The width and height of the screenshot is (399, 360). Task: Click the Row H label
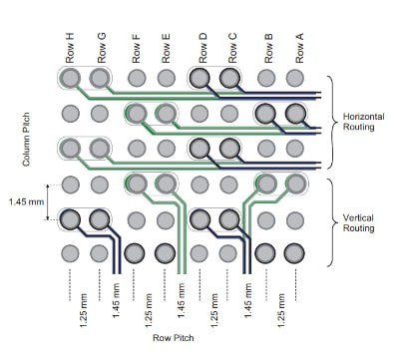pyautogui.click(x=70, y=46)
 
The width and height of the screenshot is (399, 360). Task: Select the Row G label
pyautogui.click(x=101, y=46)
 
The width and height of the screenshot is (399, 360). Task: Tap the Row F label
pyautogui.click(x=137, y=46)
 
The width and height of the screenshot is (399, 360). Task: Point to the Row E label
pyautogui.click(x=166, y=46)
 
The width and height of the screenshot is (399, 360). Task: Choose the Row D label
pyautogui.click(x=201, y=46)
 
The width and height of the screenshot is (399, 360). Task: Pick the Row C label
pyautogui.click(x=232, y=46)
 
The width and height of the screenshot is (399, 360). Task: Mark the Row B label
pyautogui.click(x=267, y=46)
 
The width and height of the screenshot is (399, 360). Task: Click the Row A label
pyautogui.click(x=297, y=46)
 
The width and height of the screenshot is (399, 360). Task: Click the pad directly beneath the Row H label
pyautogui.click(x=70, y=78)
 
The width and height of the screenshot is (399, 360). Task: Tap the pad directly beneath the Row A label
pyautogui.click(x=295, y=78)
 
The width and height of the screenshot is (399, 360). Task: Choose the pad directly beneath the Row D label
pyautogui.click(x=200, y=78)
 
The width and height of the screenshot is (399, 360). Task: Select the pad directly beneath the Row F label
pyautogui.click(x=137, y=78)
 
